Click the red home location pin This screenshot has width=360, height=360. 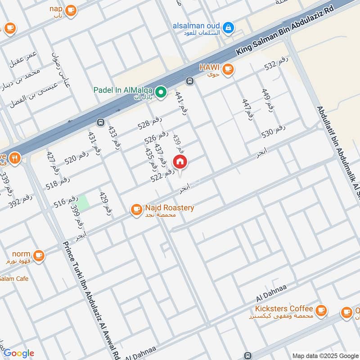(x=180, y=162)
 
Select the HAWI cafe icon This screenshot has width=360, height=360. (x=229, y=69)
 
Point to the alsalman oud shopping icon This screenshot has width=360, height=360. (x=229, y=28)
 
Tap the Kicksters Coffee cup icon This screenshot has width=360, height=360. (x=321, y=310)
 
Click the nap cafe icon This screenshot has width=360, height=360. (x=71, y=10)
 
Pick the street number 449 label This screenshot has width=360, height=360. (x=268, y=100)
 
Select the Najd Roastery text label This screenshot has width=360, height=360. (x=169, y=208)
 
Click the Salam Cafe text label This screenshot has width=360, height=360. (x=14, y=279)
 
